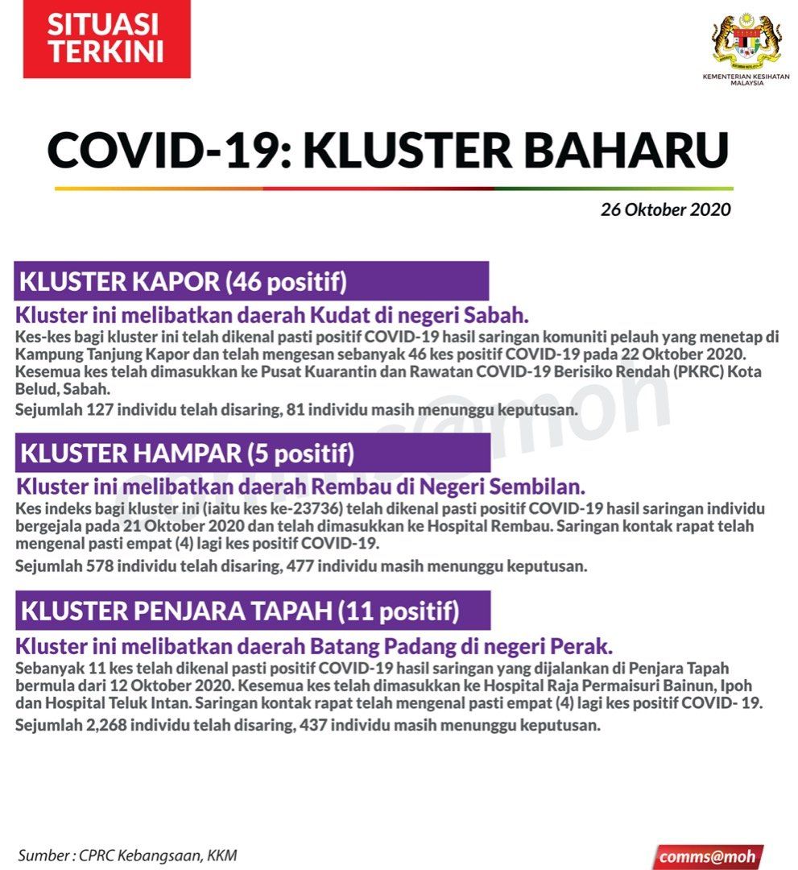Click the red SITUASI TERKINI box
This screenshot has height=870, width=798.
(106, 39)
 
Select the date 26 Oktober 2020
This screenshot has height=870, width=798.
(665, 210)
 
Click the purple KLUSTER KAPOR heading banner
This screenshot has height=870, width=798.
(251, 281)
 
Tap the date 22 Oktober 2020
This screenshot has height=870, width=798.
(692, 354)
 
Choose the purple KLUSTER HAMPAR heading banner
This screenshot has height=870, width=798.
(252, 454)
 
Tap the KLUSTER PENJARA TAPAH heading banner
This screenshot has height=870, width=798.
(252, 611)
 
